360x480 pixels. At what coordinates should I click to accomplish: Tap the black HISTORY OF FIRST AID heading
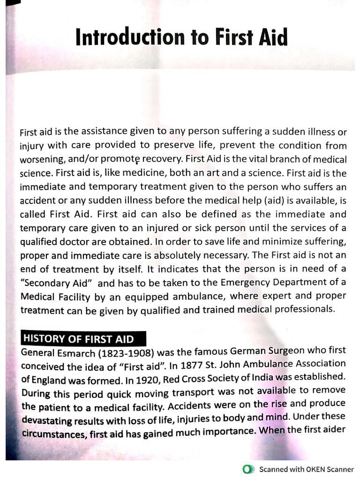click(x=78, y=338)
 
